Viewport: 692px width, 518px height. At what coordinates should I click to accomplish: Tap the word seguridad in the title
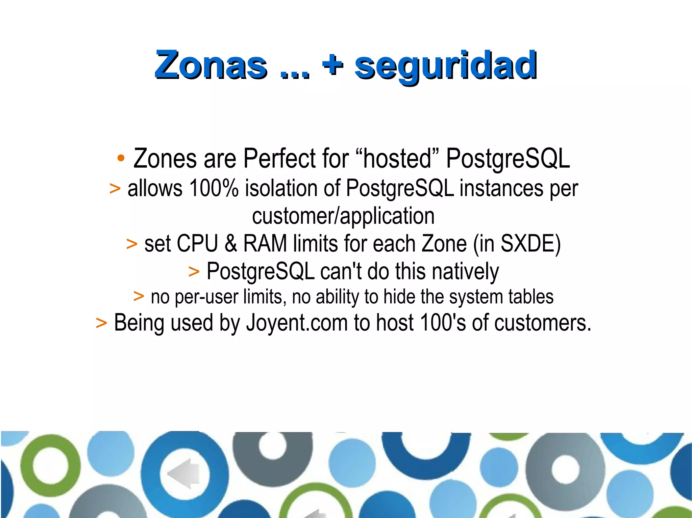click(445, 66)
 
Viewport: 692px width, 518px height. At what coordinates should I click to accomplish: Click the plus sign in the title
click(333, 64)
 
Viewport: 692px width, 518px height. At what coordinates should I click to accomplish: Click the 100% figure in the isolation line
click(214, 188)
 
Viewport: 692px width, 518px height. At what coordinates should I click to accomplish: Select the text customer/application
click(343, 216)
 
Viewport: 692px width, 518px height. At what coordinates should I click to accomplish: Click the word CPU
click(197, 243)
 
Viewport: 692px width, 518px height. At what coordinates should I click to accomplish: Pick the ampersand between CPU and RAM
click(231, 243)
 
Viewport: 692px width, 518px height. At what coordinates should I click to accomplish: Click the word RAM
click(265, 243)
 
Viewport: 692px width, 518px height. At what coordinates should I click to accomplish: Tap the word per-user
click(206, 297)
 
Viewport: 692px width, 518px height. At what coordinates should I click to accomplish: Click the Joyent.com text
click(297, 323)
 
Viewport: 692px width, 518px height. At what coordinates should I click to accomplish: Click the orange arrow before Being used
click(101, 323)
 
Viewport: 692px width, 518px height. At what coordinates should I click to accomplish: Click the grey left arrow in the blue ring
click(184, 473)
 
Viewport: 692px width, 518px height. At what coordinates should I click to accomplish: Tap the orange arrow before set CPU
click(132, 244)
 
